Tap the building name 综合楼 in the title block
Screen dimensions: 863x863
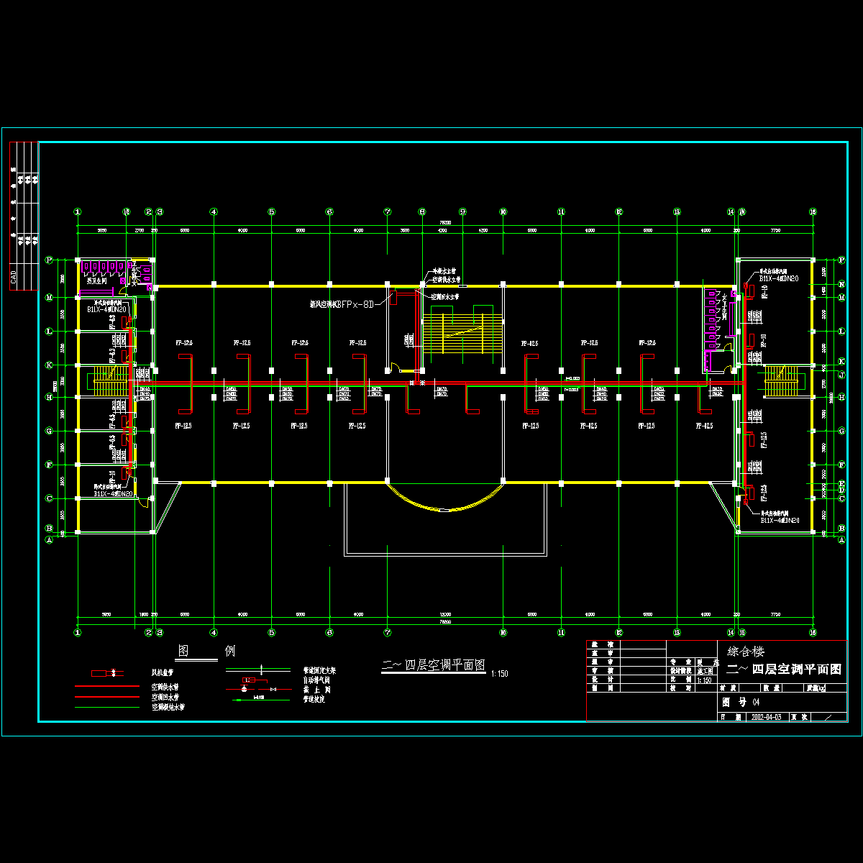(746, 652)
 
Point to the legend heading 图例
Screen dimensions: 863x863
(206, 651)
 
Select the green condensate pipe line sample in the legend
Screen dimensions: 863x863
(106, 707)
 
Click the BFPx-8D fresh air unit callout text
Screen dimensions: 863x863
(342, 304)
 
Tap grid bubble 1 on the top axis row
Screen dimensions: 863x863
(78, 211)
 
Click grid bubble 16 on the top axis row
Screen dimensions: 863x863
(813, 211)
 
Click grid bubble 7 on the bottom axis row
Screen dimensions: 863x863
(387, 632)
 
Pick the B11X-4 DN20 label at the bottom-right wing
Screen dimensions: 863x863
(780, 520)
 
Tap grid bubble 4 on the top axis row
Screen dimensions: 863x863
(214, 211)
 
